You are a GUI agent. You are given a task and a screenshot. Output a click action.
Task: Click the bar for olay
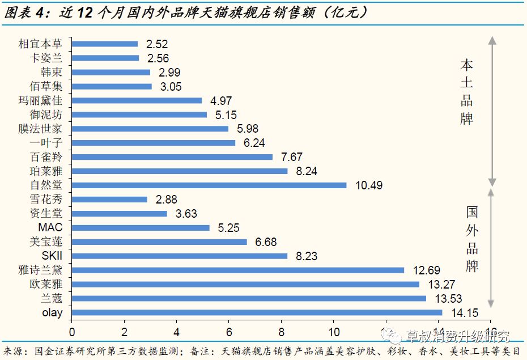pos(257,312)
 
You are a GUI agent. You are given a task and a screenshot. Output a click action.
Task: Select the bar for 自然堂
pos(209,185)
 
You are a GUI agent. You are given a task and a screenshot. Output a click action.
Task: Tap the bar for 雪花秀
pos(109,199)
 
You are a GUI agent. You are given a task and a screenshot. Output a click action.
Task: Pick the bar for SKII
pos(180,256)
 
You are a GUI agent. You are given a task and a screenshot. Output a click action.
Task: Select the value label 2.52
pos(157,44)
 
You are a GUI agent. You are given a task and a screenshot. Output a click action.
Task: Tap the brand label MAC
pos(50,227)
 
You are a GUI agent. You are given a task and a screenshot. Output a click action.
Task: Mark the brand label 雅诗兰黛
pos(41,270)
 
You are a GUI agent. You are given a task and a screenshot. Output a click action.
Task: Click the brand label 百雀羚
pos(46,157)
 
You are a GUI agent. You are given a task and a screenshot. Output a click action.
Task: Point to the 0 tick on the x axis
pos(72,331)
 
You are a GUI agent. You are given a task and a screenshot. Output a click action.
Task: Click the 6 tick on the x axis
pos(229,331)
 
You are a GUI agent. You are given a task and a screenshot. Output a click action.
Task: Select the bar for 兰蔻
pos(249,298)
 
